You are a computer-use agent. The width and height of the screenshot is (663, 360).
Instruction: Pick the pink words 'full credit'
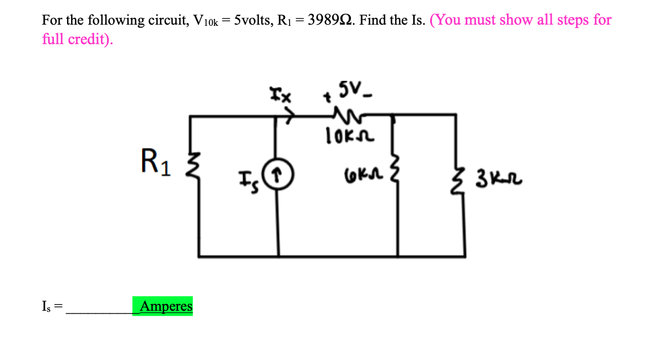(76, 39)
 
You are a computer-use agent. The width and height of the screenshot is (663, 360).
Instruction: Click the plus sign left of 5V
(329, 98)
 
